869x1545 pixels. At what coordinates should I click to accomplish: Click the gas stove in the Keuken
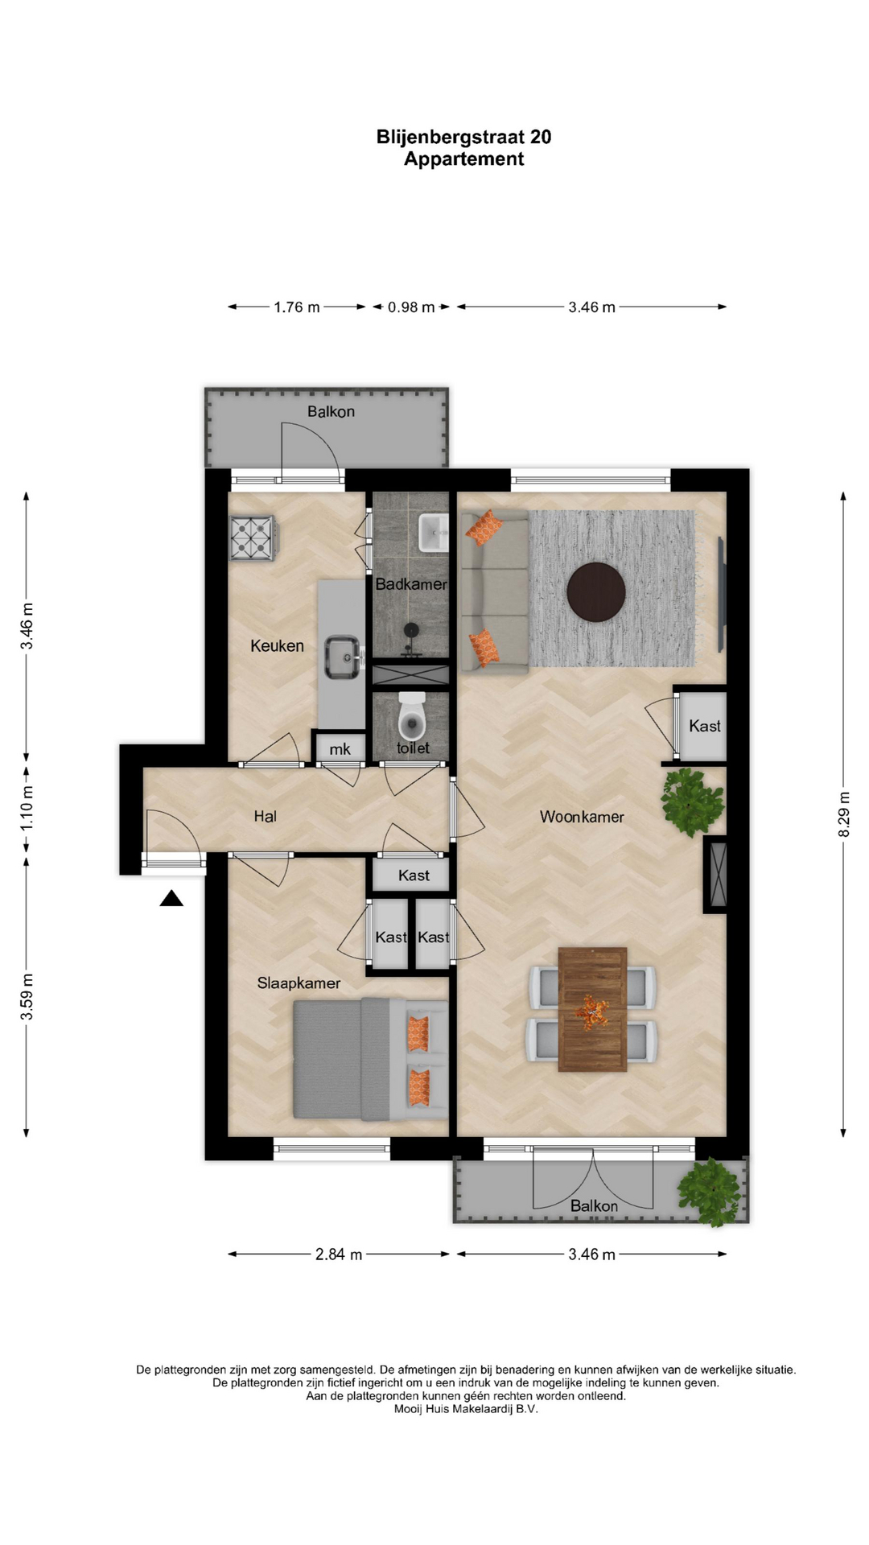tap(253, 538)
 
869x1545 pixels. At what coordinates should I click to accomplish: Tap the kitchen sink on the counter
tap(344, 657)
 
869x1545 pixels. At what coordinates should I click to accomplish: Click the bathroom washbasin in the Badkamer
tap(434, 532)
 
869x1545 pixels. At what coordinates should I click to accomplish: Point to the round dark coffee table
tap(596, 591)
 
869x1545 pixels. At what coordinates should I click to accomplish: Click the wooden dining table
tap(592, 1009)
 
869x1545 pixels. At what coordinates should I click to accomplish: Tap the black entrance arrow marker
tap(171, 898)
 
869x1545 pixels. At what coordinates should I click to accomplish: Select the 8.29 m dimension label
tap(843, 814)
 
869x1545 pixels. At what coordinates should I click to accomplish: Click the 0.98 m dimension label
tap(411, 307)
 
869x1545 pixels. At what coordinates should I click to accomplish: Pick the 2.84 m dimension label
tap(339, 1254)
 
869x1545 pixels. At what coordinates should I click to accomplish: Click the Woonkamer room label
tap(582, 817)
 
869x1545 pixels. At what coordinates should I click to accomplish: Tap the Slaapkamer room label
tap(299, 983)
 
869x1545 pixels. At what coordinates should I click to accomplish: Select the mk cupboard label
tap(340, 749)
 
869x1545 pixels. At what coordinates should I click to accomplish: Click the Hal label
tap(265, 816)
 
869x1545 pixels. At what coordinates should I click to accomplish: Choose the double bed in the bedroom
tap(370, 1059)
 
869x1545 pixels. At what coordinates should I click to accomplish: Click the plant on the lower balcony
tap(708, 1191)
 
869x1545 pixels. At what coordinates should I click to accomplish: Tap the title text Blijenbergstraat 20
tap(464, 137)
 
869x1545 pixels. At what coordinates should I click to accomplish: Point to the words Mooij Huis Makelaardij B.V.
tap(466, 1409)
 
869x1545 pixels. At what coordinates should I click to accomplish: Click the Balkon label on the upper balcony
tap(331, 412)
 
